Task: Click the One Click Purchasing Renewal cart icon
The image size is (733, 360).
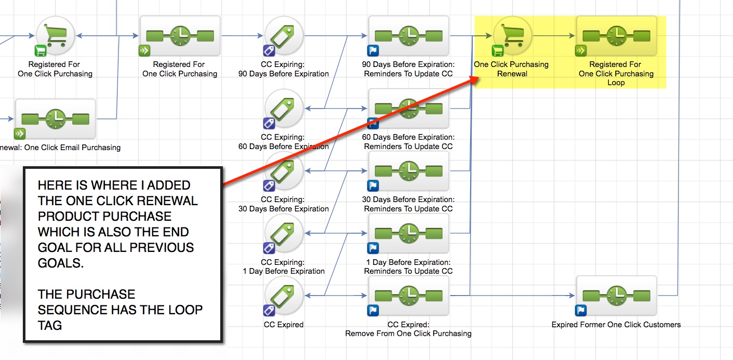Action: click(512, 35)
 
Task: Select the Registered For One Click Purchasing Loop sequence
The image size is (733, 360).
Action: click(616, 35)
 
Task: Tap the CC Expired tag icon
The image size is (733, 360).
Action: click(284, 296)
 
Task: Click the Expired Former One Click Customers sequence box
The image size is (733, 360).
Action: click(616, 295)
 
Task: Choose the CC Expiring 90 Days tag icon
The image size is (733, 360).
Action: click(284, 35)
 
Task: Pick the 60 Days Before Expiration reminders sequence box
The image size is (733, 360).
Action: click(408, 108)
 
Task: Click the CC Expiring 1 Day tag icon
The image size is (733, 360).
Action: click(284, 233)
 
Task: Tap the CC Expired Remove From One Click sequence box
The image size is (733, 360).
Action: click(408, 295)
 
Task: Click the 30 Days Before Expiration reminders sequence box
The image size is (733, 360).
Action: click(408, 170)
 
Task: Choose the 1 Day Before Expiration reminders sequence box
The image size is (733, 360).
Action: click(408, 233)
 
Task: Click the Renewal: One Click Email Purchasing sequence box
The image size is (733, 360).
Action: click(55, 118)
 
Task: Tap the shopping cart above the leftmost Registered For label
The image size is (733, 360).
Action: click(55, 35)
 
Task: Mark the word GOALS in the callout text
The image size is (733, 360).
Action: click(60, 263)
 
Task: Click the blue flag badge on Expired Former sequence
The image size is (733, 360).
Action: click(581, 311)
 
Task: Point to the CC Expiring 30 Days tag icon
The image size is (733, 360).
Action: click(284, 171)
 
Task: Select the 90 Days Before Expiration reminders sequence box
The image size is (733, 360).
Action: click(408, 35)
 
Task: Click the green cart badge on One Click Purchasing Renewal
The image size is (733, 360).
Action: click(498, 50)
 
